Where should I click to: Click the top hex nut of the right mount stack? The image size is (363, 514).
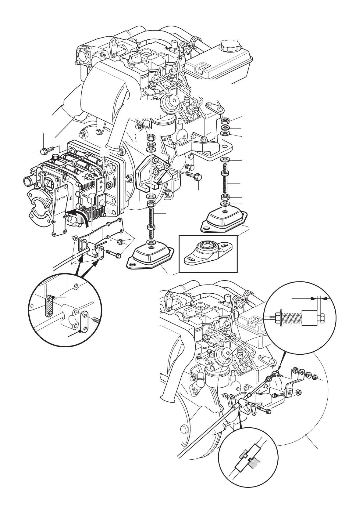[x=226, y=120]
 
